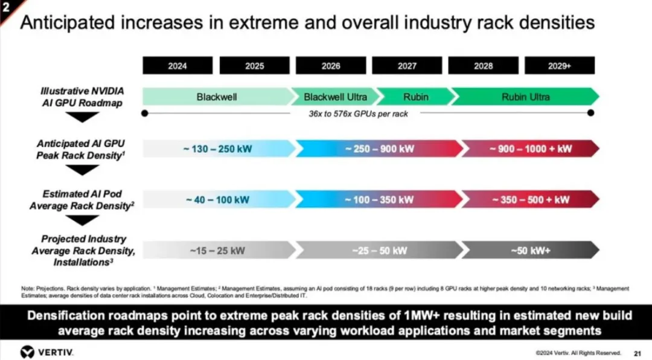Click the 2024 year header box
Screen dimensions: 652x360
click(177, 66)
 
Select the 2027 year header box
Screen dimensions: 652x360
click(407, 66)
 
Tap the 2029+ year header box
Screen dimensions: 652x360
click(559, 66)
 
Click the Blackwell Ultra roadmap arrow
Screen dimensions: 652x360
click(336, 97)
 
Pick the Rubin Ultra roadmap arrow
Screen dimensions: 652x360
click(526, 97)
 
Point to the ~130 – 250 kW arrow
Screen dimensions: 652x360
click(219, 149)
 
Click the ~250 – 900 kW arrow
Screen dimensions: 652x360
click(379, 149)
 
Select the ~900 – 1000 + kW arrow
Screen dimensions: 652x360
click(531, 149)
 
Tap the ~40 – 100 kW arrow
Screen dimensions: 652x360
click(219, 199)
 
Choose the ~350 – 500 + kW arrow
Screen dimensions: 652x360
click(531, 199)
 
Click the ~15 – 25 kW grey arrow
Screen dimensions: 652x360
click(219, 250)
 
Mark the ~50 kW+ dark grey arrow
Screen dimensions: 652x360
click(531, 250)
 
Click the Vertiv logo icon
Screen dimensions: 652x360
click(27, 352)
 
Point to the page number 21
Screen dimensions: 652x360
click(638, 353)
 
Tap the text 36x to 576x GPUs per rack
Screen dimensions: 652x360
click(358, 114)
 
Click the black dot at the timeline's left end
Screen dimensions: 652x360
click(145, 113)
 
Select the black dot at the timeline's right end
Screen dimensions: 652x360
click(590, 113)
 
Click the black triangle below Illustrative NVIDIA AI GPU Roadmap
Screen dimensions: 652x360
click(82, 117)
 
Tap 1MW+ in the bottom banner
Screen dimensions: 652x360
click(421, 315)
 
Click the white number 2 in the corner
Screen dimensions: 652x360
click(6, 7)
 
